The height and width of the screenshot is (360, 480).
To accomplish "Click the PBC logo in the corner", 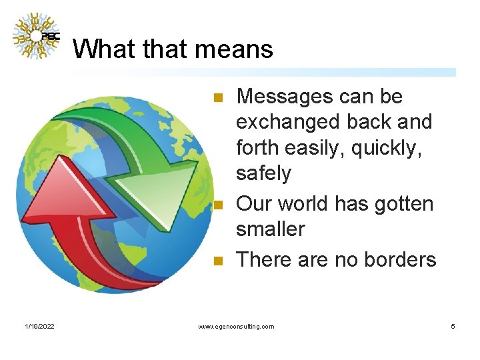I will pos(36,36).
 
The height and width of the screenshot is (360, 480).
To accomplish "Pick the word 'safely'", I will pos(264,173).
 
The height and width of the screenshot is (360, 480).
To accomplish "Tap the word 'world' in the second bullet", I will pos(305,203).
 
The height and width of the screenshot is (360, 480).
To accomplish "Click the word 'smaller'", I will pos(270,229).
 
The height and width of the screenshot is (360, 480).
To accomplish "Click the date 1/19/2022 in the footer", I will pos(39,327).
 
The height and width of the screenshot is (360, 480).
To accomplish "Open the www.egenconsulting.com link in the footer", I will pos(237,327).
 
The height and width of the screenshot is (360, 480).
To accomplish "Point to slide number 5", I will pos(453,327).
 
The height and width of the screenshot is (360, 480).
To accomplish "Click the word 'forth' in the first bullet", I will pos(257,148).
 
